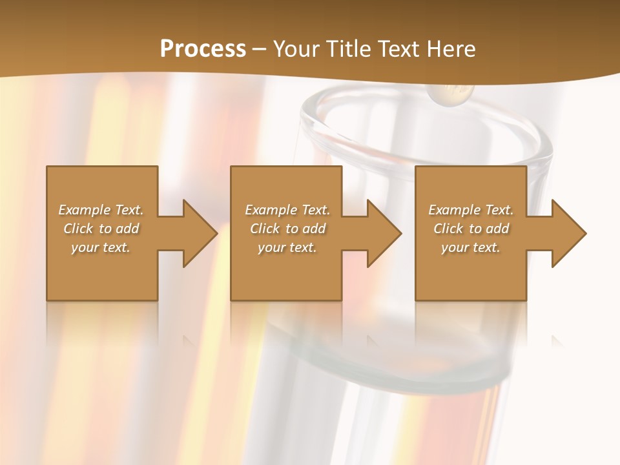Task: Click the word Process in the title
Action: [203, 48]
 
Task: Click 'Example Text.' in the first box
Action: [101, 210]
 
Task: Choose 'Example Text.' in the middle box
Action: [287, 210]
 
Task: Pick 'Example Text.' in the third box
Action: [471, 210]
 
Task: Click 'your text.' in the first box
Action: [101, 247]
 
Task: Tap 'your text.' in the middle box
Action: [287, 247]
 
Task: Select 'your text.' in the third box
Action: [471, 247]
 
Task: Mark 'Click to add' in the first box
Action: [101, 229]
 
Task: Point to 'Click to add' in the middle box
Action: [287, 229]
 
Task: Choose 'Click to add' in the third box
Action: [471, 229]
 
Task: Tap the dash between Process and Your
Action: [259, 49]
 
